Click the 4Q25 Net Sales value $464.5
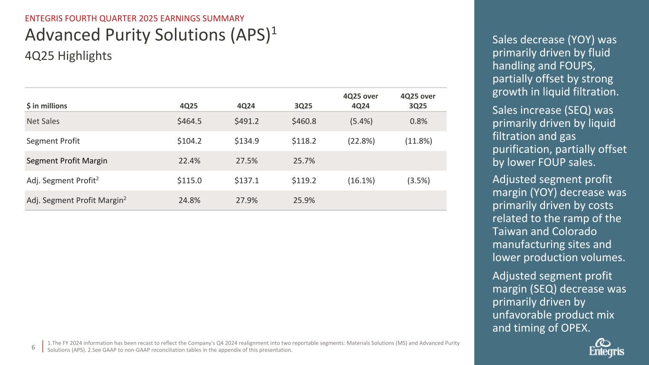[x=189, y=121]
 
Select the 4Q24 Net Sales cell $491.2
[x=246, y=121]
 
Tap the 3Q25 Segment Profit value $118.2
[x=304, y=141]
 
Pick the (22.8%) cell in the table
[x=361, y=141]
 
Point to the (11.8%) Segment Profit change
[x=418, y=141]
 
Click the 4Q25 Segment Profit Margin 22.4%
[x=189, y=161]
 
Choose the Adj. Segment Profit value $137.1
[x=246, y=181]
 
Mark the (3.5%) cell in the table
[x=418, y=181]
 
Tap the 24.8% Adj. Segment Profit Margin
[x=189, y=201]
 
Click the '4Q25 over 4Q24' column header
[x=361, y=101]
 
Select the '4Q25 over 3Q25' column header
[x=418, y=101]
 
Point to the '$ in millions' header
[x=47, y=106]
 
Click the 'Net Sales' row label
[x=43, y=121]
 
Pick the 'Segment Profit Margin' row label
[x=67, y=161]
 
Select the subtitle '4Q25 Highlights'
[x=68, y=56]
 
